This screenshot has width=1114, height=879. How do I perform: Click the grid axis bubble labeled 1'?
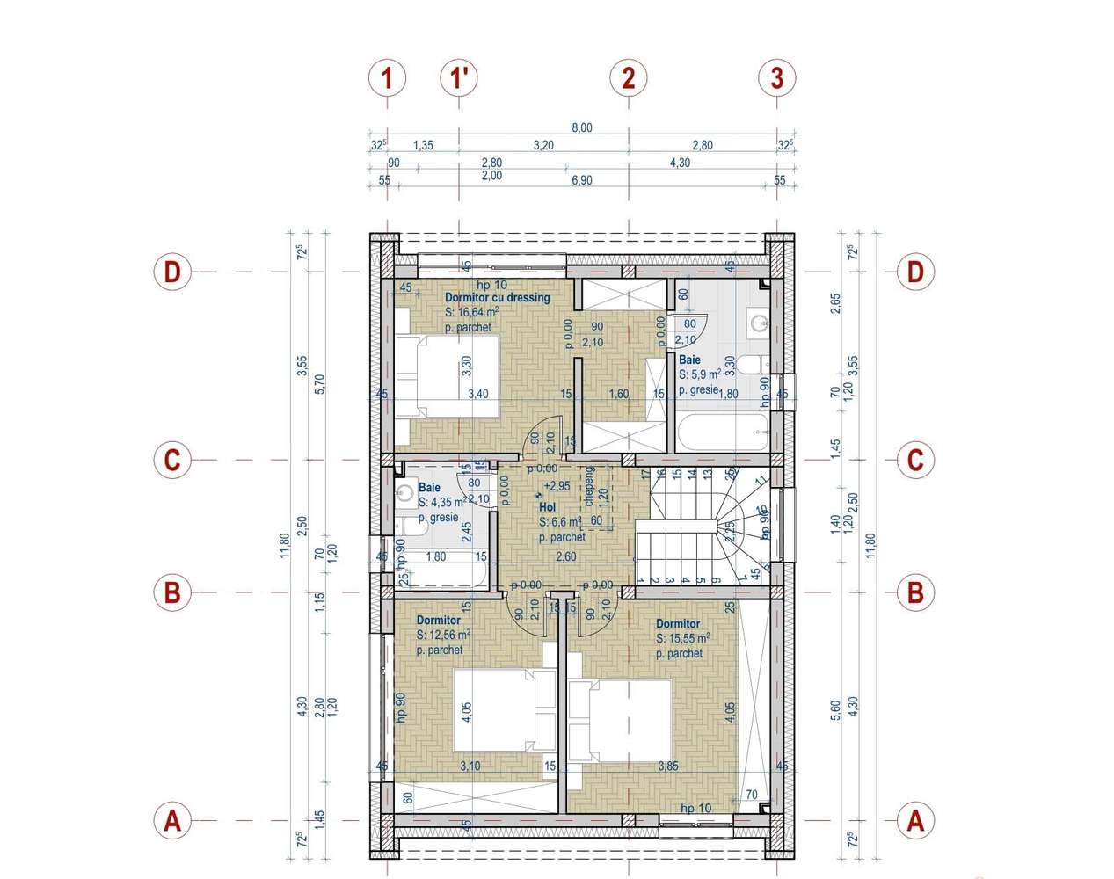pyautogui.click(x=458, y=78)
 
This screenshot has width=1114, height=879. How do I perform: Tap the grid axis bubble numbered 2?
pyautogui.click(x=628, y=78)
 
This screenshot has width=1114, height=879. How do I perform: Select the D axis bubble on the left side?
pyautogui.click(x=172, y=272)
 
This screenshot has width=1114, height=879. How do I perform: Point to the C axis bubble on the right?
pyautogui.click(x=915, y=460)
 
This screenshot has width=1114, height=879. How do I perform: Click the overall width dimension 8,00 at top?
pyautogui.click(x=582, y=127)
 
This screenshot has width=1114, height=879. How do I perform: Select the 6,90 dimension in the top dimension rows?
pyautogui.click(x=582, y=180)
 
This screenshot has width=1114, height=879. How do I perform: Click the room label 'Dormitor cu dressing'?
pyautogui.click(x=497, y=298)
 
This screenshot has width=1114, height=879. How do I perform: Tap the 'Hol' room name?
pyautogui.click(x=547, y=507)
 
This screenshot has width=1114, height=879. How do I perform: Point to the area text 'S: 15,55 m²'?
pyautogui.click(x=683, y=639)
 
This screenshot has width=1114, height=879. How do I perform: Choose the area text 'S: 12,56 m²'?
pyautogui.click(x=443, y=636)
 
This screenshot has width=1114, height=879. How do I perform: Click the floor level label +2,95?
pyautogui.click(x=557, y=486)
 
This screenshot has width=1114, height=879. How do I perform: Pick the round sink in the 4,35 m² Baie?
pyautogui.click(x=404, y=494)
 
